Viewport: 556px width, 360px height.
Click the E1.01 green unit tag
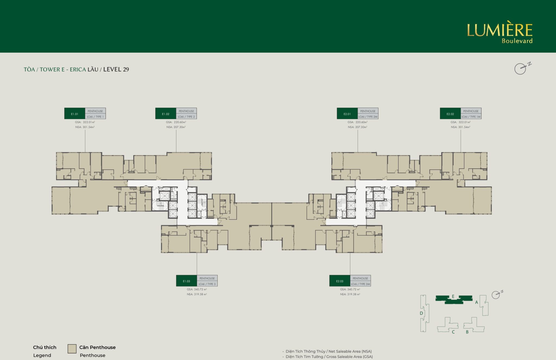tap(75, 114)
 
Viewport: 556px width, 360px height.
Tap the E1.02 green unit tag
tap(166, 114)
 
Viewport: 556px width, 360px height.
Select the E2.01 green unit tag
tap(347, 114)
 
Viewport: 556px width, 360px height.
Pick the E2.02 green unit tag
tap(450, 114)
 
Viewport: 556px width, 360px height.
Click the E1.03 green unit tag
tap(187, 281)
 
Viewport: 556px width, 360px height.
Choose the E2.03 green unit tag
tap(340, 281)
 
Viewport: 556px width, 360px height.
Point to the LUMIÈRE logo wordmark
tap(500, 30)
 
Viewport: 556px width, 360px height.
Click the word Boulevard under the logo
tap(517, 41)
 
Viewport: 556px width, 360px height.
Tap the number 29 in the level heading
tap(126, 70)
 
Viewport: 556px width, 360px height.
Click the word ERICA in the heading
tap(78, 70)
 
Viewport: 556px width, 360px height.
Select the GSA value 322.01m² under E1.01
tap(89, 122)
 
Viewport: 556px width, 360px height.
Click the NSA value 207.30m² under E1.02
tap(180, 127)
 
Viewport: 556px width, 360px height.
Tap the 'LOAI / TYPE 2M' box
tap(368, 117)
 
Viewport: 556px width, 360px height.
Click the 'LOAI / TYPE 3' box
tap(207, 284)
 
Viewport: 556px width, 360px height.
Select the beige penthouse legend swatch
tap(72, 349)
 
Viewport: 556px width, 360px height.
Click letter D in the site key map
tap(421, 313)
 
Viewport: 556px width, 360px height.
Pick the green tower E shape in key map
tap(454, 299)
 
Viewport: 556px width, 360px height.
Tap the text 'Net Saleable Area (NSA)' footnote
tap(350, 351)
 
